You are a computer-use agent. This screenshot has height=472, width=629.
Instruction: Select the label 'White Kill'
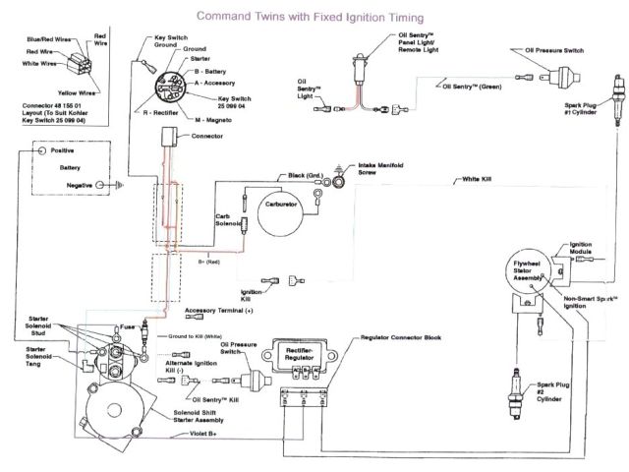470,181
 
